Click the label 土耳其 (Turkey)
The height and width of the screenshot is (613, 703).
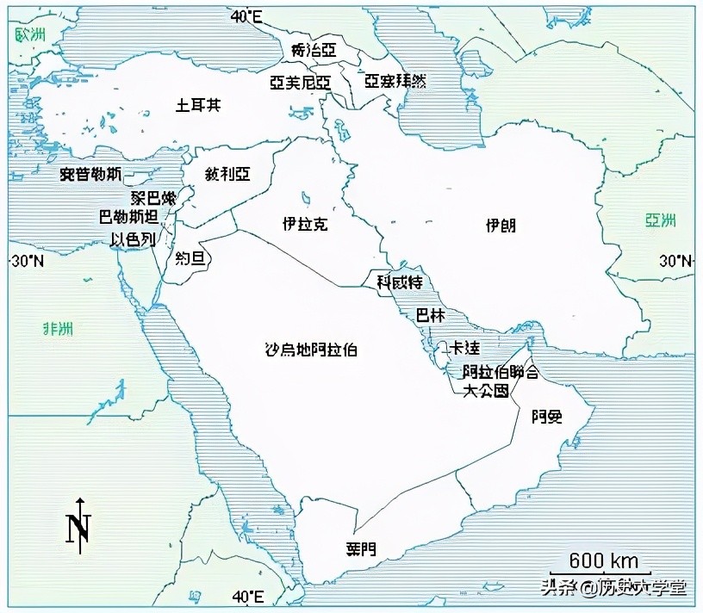[198, 104]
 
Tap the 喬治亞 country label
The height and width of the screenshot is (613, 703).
[313, 50]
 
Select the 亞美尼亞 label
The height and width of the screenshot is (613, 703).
[300, 83]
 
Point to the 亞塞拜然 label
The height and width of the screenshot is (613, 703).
[395, 81]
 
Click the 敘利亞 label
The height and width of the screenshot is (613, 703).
[227, 173]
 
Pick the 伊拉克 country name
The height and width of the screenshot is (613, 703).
[305, 224]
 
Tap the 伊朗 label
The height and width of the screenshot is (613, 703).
[501, 226]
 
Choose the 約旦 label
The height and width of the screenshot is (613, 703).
[189, 257]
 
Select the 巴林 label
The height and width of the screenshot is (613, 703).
[431, 315]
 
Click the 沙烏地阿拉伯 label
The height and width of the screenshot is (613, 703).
[311, 350]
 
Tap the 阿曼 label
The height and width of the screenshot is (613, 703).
[546, 418]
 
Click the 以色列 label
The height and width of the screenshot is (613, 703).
[132, 238]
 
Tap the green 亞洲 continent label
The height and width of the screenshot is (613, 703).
[660, 220]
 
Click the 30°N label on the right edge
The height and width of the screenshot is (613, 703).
[676, 260]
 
